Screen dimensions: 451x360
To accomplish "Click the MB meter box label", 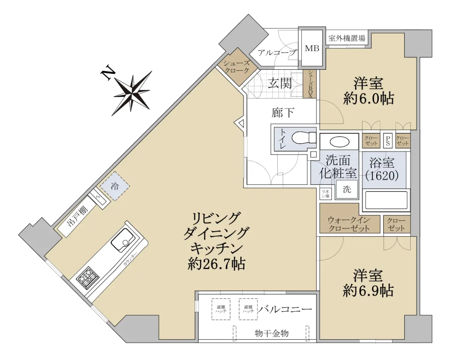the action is (312, 49).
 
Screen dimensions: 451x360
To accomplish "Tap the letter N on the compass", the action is (108, 73).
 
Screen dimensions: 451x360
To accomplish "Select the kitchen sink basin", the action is (123, 241).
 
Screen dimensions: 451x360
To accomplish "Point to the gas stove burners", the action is (88, 278).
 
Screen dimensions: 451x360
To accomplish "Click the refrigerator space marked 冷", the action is (115, 186).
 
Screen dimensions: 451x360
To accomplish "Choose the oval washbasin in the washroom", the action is (339, 142).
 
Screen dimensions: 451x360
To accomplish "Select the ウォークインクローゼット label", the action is (349, 224).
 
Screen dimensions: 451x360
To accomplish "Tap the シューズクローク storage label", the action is (237, 67).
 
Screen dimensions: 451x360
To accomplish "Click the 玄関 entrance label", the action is (280, 83).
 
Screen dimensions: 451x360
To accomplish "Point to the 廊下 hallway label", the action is (283, 112).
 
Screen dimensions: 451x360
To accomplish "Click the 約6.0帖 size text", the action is (368, 99).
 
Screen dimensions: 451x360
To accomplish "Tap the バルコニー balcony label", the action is (285, 309).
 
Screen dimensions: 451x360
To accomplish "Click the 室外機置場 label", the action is (347, 38).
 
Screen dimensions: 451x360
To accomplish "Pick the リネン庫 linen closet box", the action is (325, 194).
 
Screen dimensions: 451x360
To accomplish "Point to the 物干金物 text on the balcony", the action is (272, 333).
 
